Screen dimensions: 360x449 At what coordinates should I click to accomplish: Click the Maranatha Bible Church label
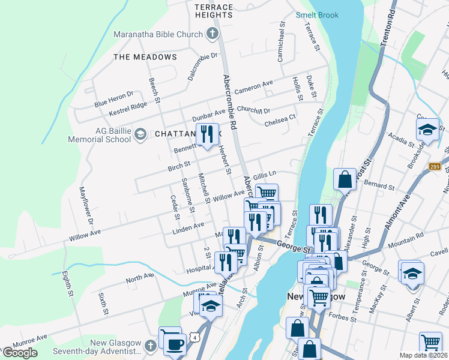pos(158,34)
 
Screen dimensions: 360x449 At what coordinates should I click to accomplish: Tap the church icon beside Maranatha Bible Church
pos(212,34)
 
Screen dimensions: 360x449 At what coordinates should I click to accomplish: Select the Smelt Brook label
pos(317,15)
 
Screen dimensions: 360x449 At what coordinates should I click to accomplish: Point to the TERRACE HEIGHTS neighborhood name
pos(213,10)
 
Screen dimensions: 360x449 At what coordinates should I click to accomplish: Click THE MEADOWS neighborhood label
pos(145,57)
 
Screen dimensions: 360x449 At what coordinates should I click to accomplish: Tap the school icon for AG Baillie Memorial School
pos(140,133)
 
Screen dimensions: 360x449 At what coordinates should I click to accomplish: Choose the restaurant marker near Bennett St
pos(207,134)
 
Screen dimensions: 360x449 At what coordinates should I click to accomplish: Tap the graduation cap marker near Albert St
pos(411,273)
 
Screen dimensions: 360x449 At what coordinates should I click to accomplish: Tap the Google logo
pos(20,353)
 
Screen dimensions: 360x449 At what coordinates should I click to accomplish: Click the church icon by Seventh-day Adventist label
pos(150,345)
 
